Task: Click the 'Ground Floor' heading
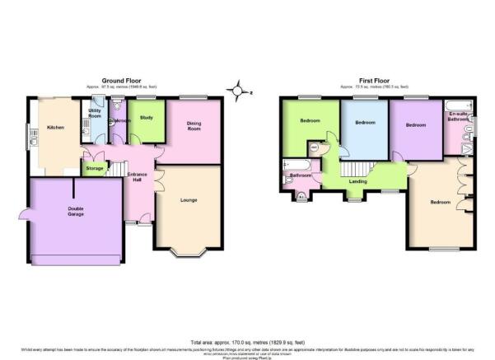[x=118, y=80]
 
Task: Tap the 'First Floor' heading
[x=375, y=80]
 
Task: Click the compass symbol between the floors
[x=238, y=90]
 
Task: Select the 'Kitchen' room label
[x=55, y=128]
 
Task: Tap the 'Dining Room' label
[x=194, y=126]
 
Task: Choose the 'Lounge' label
[x=189, y=199]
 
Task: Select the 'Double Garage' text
[x=76, y=211]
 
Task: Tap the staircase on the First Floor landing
[x=381, y=174]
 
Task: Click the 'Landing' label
[x=357, y=180]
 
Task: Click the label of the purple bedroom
[x=415, y=125]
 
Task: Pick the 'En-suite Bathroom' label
[x=458, y=117]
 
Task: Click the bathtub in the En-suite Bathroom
[x=458, y=105]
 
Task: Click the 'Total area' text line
[x=247, y=341]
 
